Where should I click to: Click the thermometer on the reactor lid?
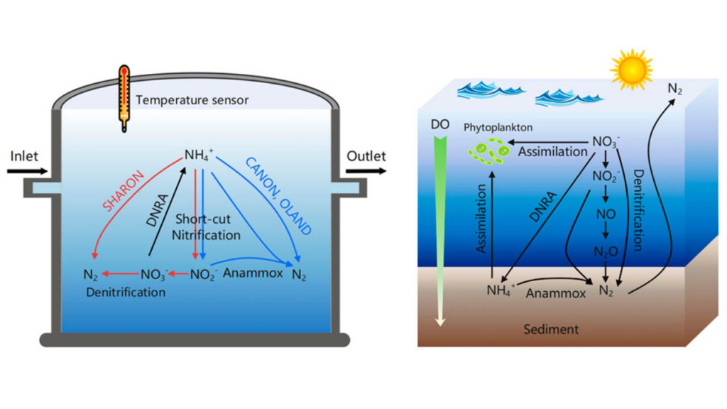[124, 98]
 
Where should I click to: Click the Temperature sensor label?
[192, 100]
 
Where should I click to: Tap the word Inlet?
[24, 156]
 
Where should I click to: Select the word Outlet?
[366, 156]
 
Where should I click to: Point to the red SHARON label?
[124, 190]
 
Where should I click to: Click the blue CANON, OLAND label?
[278, 196]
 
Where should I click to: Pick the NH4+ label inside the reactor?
[199, 155]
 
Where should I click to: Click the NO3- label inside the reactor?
[154, 275]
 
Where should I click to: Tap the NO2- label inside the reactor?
[204, 275]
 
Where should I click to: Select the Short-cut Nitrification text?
[205, 227]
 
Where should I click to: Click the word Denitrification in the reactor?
[126, 292]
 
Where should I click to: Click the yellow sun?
[631, 70]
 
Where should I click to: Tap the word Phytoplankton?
[498, 128]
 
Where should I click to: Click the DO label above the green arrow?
[440, 124]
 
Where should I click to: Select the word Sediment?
[551, 329]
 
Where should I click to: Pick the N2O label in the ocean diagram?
[606, 252]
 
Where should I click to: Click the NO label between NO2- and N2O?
[606, 214]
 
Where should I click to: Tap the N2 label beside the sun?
[674, 89]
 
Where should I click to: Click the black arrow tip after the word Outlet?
[386, 171]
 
